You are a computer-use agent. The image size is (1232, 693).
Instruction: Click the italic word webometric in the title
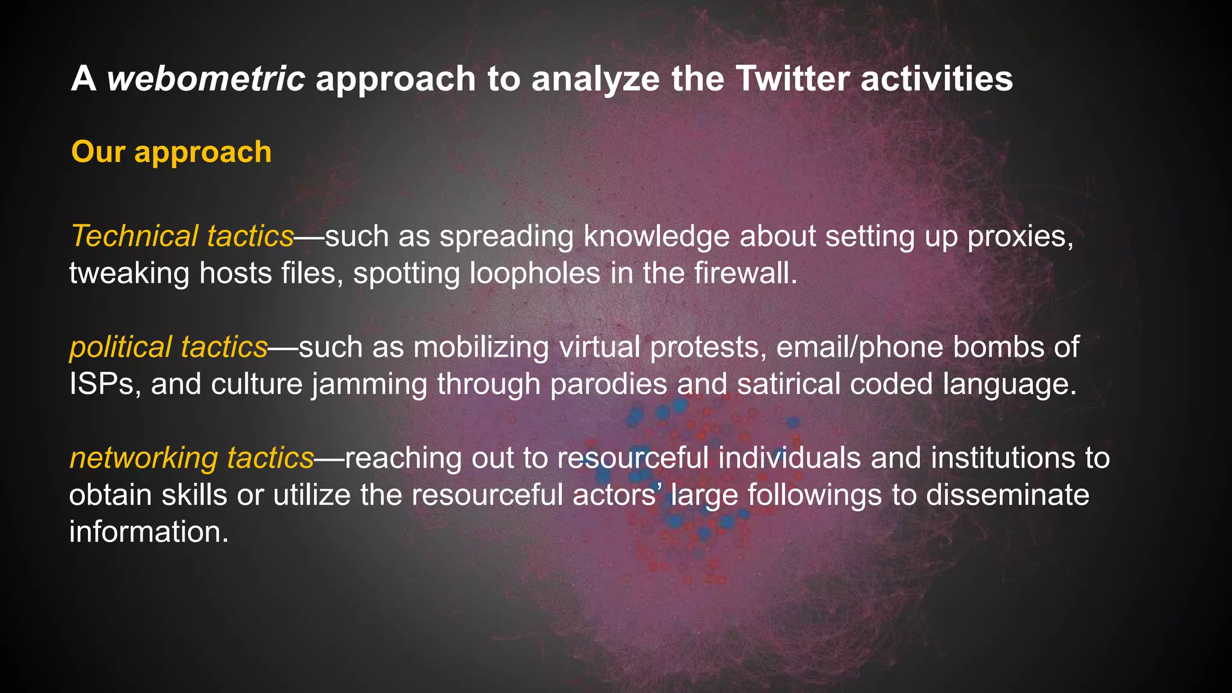tap(206, 79)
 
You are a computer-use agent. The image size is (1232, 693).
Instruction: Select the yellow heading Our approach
tap(171, 152)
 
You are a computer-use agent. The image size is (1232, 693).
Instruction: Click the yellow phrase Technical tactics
tap(182, 236)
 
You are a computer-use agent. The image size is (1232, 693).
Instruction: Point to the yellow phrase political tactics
tap(168, 347)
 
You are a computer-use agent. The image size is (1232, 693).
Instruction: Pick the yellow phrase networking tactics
tap(192, 458)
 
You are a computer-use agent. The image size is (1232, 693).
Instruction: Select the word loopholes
tap(535, 273)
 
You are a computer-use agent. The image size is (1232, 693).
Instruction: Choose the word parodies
tap(608, 384)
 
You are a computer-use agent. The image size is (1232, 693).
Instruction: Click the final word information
tap(149, 532)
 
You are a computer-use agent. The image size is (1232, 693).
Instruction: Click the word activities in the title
tap(937, 79)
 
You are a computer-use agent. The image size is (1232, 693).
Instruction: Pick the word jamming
tap(369, 384)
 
